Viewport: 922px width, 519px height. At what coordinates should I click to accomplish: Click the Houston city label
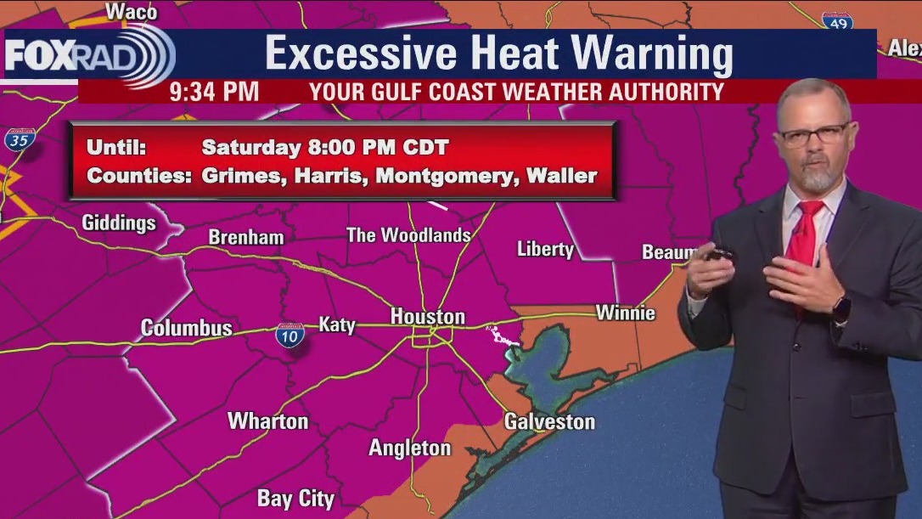click(x=427, y=317)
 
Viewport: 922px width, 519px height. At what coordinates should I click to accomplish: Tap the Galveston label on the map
click(x=549, y=421)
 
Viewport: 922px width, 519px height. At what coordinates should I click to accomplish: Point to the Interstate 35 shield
click(x=19, y=140)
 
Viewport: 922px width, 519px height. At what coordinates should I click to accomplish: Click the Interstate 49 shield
click(x=837, y=23)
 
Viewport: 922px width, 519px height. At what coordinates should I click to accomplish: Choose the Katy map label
click(x=336, y=324)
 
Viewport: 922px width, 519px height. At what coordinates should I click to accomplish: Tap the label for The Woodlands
click(x=408, y=235)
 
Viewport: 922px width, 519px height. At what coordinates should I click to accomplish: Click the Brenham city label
click(x=246, y=238)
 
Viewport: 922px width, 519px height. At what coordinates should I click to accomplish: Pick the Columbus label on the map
click(x=186, y=328)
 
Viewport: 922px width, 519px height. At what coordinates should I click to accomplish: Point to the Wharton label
click(x=267, y=420)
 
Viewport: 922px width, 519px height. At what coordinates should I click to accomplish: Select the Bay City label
click(x=295, y=499)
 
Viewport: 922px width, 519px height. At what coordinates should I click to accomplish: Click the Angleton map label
click(x=409, y=448)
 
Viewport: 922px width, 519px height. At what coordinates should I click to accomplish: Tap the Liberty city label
click(x=545, y=249)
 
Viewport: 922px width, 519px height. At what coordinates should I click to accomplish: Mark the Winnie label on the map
click(x=626, y=313)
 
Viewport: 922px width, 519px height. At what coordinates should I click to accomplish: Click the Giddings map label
click(x=119, y=223)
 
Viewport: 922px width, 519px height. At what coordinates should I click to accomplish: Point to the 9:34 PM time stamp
click(x=214, y=92)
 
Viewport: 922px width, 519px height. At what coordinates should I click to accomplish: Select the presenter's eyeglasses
click(x=813, y=134)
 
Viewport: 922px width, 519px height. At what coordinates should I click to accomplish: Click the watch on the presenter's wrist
click(x=840, y=307)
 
